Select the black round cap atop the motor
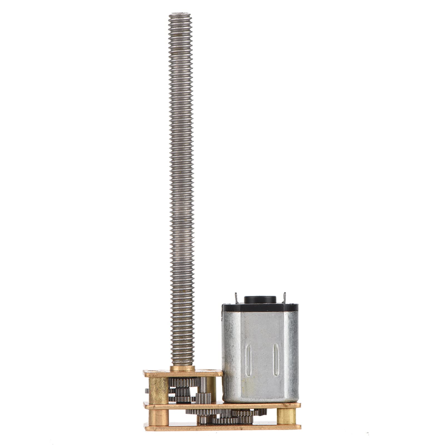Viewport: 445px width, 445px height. (260, 299)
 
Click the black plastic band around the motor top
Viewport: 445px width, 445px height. (260, 307)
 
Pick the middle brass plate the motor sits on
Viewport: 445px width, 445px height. (222, 406)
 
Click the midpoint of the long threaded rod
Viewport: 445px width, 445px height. (181, 189)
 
